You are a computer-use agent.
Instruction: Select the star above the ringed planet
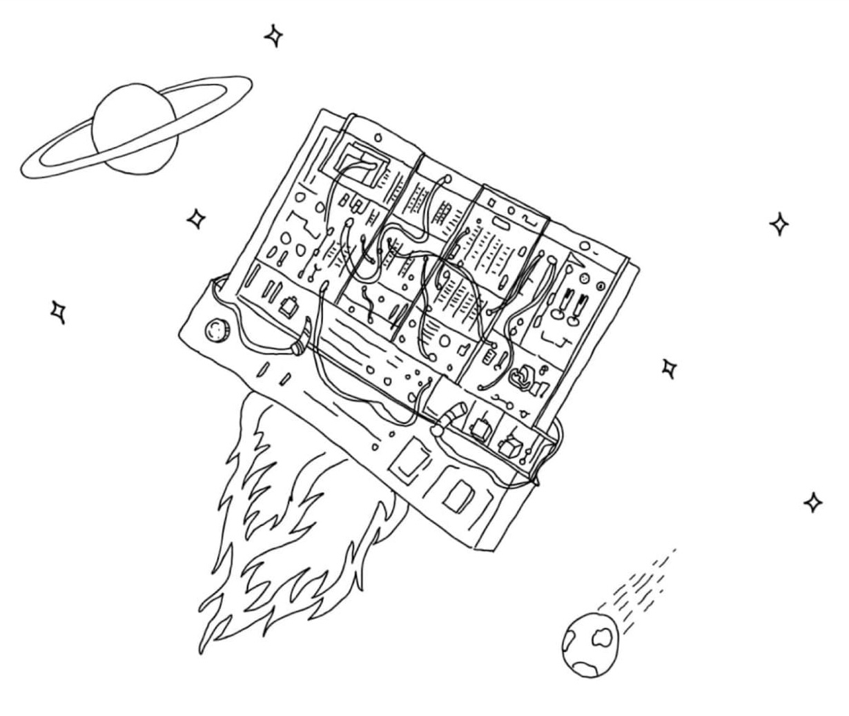[274, 35]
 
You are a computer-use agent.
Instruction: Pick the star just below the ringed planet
[197, 219]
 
